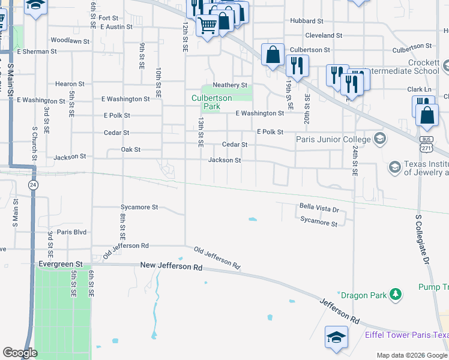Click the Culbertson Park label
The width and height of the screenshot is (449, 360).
[206, 103]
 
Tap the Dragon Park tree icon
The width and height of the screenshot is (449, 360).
[395, 294]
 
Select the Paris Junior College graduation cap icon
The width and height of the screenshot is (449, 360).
[379, 139]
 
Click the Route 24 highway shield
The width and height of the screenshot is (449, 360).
[34, 185]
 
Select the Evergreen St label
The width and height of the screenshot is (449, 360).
[60, 264]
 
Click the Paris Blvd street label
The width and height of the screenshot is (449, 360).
[71, 232]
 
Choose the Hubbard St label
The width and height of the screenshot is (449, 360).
[307, 20]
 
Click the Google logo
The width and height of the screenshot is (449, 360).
[20, 353]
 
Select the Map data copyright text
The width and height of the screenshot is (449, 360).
[411, 355]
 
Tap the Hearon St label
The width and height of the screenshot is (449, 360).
[70, 84]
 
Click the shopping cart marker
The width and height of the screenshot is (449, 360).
[207, 26]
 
